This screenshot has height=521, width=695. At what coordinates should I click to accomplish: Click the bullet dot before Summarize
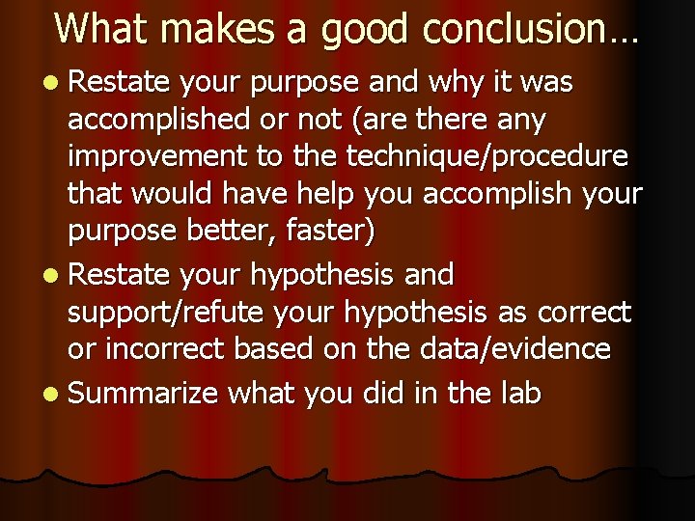point(50,394)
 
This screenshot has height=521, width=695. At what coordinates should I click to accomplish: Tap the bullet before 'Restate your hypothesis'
point(50,276)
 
